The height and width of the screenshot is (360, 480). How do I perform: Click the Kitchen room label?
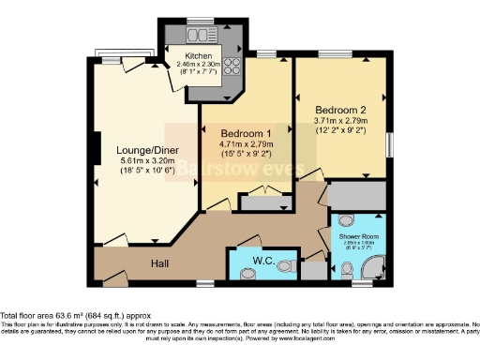tap(197, 56)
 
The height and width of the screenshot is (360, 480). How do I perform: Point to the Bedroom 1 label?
tap(238, 132)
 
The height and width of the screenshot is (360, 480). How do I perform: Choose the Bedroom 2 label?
tap(339, 109)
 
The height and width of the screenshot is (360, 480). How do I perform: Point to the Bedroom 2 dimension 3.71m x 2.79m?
tap(339, 122)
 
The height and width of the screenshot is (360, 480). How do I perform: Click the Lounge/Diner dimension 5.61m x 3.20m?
tap(142, 161)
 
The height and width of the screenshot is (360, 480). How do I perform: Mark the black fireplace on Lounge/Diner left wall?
tap(96, 148)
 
